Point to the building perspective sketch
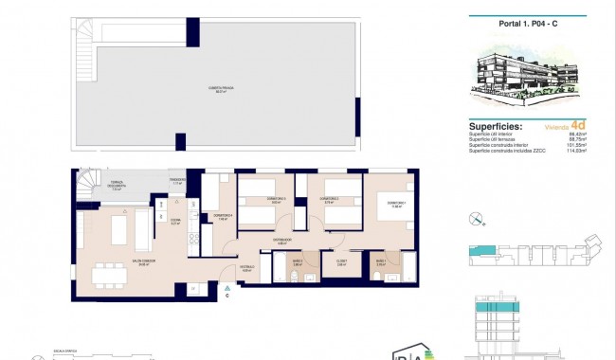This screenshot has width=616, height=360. point(517,75)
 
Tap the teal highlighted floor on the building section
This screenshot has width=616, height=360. point(494,309)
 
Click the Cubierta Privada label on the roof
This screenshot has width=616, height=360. point(222,89)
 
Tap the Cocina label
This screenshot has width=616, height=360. point(174,224)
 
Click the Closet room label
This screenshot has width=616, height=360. point(341,263)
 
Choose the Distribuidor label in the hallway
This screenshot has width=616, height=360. point(282,242)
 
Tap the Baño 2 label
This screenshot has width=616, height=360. point(379,263)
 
